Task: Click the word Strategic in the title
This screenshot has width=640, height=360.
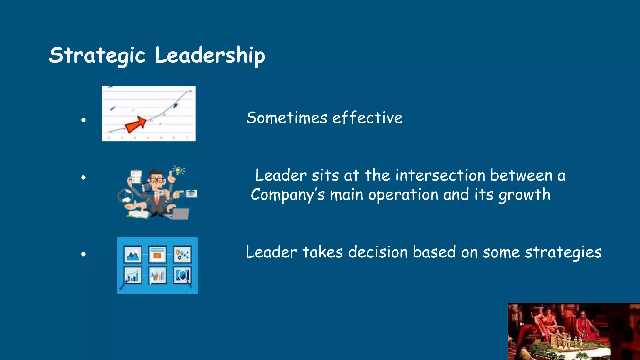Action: (97, 55)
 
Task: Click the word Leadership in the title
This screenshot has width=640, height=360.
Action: (210, 55)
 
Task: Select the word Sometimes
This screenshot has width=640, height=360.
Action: (287, 118)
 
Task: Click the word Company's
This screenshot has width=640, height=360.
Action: (287, 195)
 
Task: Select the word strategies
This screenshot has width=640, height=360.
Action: (563, 253)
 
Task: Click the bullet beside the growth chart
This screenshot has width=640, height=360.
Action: (83, 120)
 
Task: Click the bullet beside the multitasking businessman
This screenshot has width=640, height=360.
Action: (83, 177)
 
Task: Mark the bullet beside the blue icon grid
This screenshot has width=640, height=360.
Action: (83, 254)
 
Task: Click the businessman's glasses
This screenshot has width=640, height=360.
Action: (157, 180)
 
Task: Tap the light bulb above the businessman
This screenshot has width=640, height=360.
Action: (178, 171)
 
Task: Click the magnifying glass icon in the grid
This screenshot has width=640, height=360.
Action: (182, 276)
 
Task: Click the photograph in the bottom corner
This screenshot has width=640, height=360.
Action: (574, 332)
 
